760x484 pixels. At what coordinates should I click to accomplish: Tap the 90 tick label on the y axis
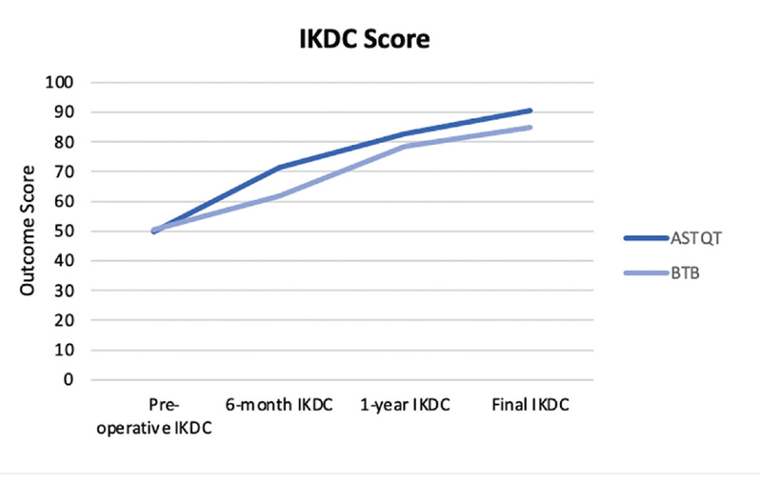tap(63, 111)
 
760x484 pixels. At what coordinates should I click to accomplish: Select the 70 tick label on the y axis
tap(63, 171)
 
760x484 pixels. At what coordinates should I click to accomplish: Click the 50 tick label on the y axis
tap(63, 231)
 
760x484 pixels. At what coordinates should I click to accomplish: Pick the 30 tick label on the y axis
tap(63, 290)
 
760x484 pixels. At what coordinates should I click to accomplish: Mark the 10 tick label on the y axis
tap(63, 350)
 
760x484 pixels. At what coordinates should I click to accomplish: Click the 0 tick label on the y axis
tap(68, 379)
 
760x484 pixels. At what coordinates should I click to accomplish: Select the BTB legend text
tap(682, 273)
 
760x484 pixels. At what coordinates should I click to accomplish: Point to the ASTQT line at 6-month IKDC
tap(279, 168)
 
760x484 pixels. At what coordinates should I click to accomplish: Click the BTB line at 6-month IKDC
tap(279, 195)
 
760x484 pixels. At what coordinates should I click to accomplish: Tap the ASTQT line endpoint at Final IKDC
tap(530, 111)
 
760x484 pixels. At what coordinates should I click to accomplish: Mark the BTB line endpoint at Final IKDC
tap(530, 127)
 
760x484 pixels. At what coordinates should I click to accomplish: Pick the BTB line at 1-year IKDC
tap(405, 146)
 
